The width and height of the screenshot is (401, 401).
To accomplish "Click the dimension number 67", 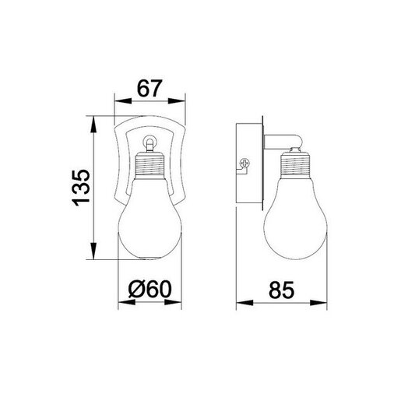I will point(149,87).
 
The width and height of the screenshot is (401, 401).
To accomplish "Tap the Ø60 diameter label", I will point(149,290).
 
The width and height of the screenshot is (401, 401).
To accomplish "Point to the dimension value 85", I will point(282,290).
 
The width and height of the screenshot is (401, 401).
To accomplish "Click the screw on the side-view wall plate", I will point(243,164).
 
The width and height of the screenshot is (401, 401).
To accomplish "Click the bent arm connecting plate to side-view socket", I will point(282,142).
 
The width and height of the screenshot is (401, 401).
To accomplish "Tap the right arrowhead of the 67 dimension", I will point(182,100).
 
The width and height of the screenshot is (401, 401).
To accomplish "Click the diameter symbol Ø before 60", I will point(134,290).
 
